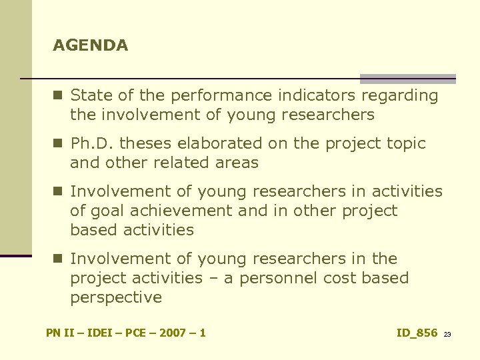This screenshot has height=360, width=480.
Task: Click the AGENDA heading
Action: (x=91, y=46)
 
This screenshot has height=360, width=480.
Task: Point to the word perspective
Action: (x=116, y=298)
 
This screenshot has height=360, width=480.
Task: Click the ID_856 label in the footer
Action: (x=417, y=333)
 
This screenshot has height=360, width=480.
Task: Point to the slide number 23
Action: (x=447, y=334)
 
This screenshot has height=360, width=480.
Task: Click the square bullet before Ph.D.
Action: (x=59, y=143)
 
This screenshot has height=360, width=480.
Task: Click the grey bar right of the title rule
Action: (x=407, y=78)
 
